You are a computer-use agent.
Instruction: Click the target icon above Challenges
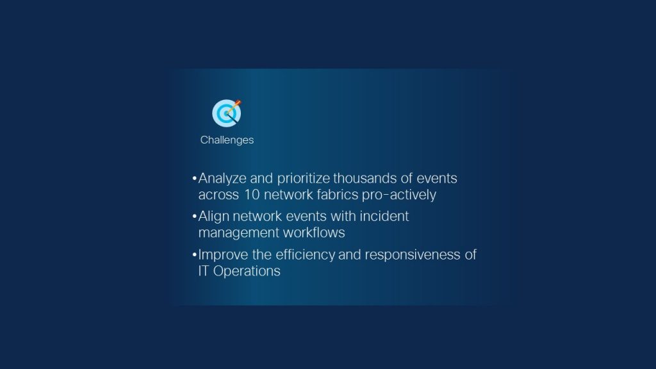click(x=226, y=113)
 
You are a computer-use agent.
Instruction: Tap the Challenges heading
click(x=227, y=140)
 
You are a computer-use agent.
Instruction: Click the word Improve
click(x=222, y=254)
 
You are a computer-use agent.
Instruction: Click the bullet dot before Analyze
click(x=194, y=179)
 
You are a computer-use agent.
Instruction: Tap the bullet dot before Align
click(x=194, y=217)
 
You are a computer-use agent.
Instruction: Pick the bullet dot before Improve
click(x=194, y=255)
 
